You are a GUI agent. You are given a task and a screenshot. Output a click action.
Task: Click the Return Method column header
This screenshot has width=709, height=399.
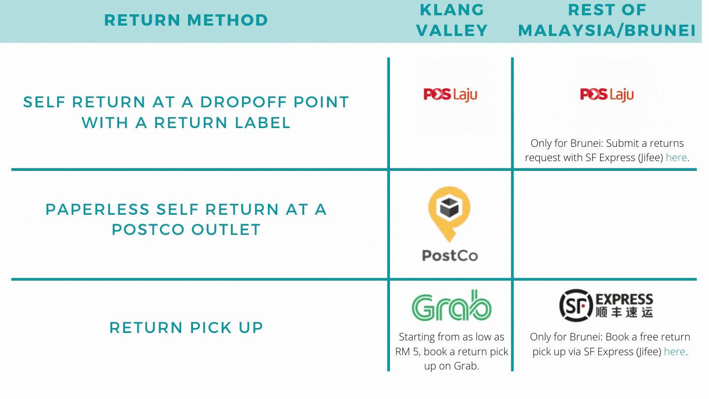[x=186, y=20]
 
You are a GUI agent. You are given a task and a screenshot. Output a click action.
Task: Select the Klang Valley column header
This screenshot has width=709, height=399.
[x=452, y=20]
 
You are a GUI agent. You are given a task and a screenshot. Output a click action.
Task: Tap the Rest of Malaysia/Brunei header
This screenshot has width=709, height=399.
[x=607, y=20]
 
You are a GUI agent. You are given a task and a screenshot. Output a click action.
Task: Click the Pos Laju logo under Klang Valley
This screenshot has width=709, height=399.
[x=450, y=94]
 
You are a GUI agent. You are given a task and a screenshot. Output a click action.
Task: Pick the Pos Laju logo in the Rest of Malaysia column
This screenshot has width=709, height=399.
[x=607, y=94]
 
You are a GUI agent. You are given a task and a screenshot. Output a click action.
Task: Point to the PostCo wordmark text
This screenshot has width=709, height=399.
[x=450, y=256]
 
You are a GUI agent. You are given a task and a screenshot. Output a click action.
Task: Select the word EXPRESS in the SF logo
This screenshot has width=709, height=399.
[x=624, y=299]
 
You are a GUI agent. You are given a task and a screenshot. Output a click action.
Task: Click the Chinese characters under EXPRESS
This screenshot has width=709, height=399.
[x=624, y=312]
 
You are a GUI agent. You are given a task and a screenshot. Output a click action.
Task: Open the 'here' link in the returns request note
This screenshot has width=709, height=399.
[x=677, y=158]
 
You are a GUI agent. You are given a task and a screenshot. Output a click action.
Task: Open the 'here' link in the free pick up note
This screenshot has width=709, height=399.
[x=675, y=352]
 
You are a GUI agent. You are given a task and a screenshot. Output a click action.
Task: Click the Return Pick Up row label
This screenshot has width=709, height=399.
[x=186, y=328]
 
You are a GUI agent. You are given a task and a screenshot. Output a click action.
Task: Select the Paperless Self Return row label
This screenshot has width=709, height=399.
[x=186, y=219]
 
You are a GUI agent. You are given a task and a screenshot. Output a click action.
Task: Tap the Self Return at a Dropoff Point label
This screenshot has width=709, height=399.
[x=186, y=112]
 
